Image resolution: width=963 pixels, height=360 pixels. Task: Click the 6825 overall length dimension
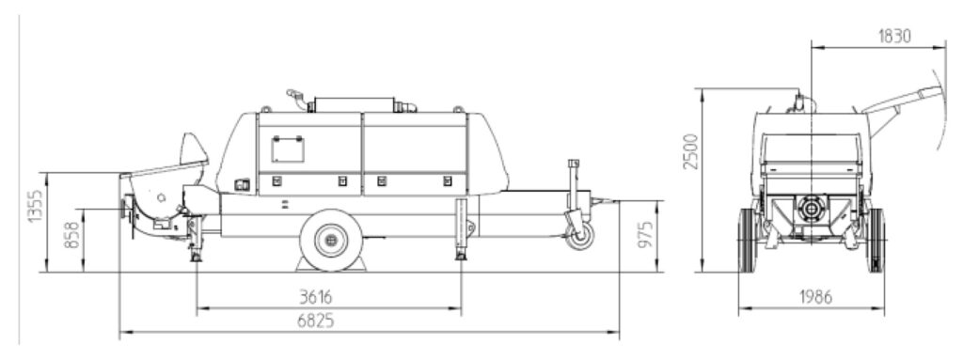pyautogui.click(x=315, y=321)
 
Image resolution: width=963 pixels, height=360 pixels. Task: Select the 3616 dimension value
pyautogui.click(x=315, y=297)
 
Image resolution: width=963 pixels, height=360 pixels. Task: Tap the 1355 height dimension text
pyautogui.click(x=36, y=207)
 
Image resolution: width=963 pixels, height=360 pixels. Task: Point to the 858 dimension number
pyautogui.click(x=71, y=236)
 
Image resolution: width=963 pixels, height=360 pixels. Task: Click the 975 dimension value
pyautogui.click(x=645, y=235)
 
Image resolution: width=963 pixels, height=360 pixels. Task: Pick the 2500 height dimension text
pyautogui.click(x=691, y=151)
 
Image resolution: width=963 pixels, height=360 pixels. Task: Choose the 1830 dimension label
pyautogui.click(x=894, y=37)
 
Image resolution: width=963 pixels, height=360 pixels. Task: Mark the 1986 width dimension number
pyautogui.click(x=815, y=297)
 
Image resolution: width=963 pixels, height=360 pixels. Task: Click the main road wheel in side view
pyautogui.click(x=331, y=240)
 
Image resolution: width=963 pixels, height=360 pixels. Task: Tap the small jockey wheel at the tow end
pyautogui.click(x=580, y=237)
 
